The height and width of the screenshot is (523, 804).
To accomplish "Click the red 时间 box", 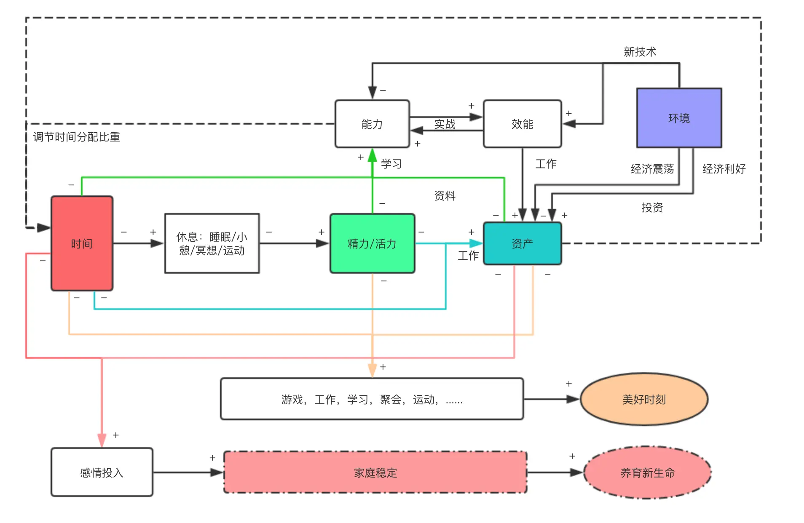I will click(82, 243).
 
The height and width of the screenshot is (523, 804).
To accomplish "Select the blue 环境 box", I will click(679, 118).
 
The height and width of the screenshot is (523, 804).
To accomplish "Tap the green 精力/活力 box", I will click(372, 243).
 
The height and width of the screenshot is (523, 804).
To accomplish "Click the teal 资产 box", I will click(522, 243).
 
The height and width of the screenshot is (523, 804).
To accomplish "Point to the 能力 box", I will click(372, 124).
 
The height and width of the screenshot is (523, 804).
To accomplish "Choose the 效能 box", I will click(522, 124).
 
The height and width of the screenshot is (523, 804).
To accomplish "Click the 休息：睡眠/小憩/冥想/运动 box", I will click(212, 243).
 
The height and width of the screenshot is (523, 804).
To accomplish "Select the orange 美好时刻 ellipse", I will click(644, 399).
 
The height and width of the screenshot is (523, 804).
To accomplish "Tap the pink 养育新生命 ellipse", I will click(647, 472).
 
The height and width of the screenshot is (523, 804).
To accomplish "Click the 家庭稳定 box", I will click(375, 472).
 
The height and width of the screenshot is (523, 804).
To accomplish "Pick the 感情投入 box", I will click(102, 472).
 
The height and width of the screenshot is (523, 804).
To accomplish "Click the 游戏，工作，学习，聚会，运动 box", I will click(372, 399).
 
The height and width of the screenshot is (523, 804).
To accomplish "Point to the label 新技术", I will click(640, 52).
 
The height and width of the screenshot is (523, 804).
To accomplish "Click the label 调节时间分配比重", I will click(76, 137).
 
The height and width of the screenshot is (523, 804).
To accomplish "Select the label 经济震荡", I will click(652, 169).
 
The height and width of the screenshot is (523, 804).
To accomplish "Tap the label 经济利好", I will click(724, 169).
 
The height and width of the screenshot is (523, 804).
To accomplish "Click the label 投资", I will click(652, 207).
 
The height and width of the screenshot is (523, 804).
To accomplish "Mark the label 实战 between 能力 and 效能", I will click(445, 124).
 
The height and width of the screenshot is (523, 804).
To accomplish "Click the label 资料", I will click(445, 195).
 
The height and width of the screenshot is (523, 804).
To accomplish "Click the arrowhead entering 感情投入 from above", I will click(102, 440).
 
